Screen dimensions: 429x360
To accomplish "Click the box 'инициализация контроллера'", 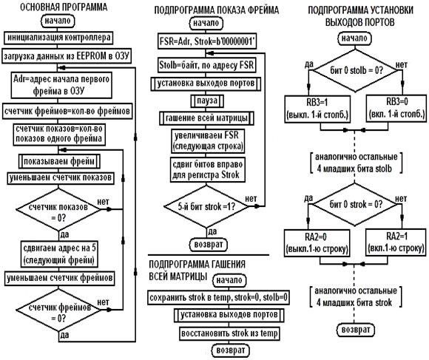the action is [x=58, y=38].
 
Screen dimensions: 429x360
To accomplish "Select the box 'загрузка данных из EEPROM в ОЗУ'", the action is [x=67, y=56].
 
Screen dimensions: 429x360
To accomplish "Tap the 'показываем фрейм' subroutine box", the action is [x=59, y=162].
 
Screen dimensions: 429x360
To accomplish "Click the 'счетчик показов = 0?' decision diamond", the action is [x=58, y=210].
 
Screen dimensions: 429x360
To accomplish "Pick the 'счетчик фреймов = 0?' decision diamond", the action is [x=58, y=310].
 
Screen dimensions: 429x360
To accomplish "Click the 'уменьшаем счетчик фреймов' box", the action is [x=60, y=278].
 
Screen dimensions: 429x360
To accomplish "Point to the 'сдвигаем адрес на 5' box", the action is [x=59, y=254].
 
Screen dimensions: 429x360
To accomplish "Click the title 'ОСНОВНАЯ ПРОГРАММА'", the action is [x=64, y=7].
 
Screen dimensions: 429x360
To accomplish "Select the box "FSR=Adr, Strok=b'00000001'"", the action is [x=207, y=41].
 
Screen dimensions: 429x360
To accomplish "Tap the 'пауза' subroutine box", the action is [x=207, y=101].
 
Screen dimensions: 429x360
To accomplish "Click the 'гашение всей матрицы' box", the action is [x=206, y=118].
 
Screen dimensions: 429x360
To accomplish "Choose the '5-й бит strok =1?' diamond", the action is [x=206, y=207].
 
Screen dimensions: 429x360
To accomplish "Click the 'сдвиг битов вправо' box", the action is [x=207, y=170].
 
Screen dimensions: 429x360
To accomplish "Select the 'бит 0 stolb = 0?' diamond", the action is [x=355, y=70].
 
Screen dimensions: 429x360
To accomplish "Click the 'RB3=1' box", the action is [x=317, y=109].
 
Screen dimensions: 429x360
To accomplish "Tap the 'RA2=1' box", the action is [x=396, y=242].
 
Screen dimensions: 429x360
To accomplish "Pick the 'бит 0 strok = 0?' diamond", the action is [x=355, y=205].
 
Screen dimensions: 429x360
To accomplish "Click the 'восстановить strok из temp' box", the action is [x=229, y=333].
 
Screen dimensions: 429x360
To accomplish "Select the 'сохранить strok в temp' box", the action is [x=218, y=297].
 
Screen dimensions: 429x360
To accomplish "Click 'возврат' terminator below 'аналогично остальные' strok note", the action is [x=356, y=330].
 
